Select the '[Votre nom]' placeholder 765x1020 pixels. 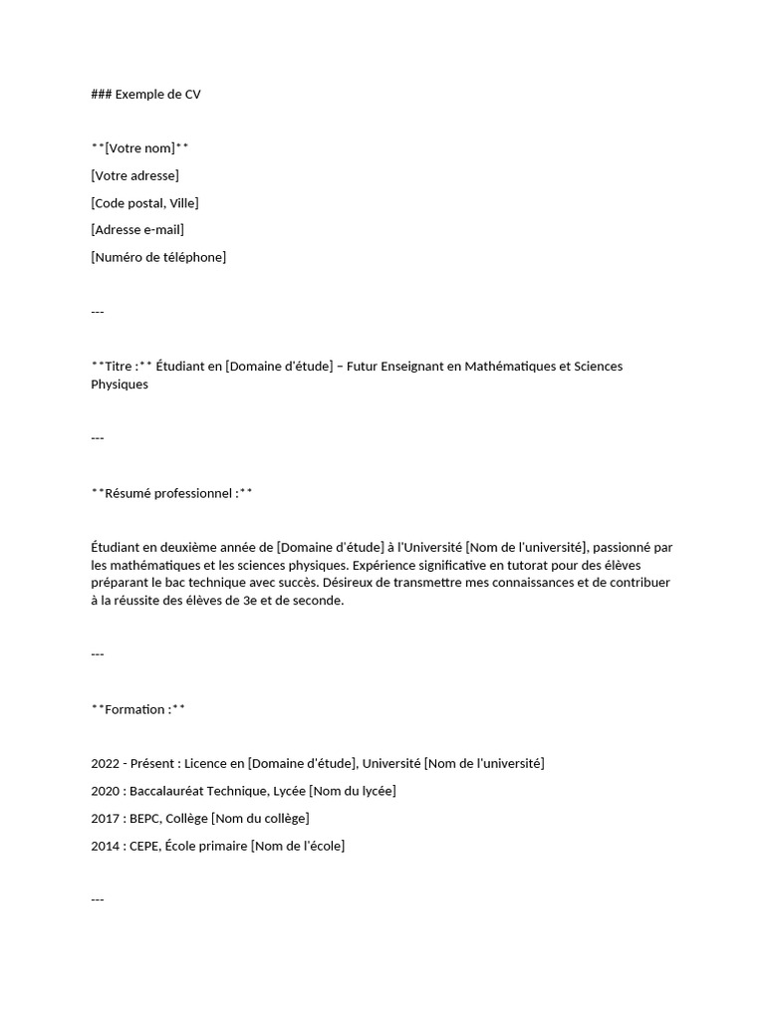coord(139,148)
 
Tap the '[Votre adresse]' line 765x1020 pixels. coord(134,176)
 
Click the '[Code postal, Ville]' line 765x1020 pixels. coord(144,203)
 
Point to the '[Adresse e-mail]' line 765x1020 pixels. coord(137,230)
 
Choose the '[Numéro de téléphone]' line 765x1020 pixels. coord(158,257)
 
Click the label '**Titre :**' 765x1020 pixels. coord(122,367)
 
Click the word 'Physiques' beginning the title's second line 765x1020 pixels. coord(120,384)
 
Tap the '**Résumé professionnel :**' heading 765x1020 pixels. coord(171,493)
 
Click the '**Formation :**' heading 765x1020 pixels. coord(137,709)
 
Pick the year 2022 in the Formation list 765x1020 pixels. coord(105,764)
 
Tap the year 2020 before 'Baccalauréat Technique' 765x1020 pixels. coord(105,791)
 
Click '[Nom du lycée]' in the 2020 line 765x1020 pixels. coord(352,791)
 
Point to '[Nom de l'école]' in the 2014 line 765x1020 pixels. coord(298,846)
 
